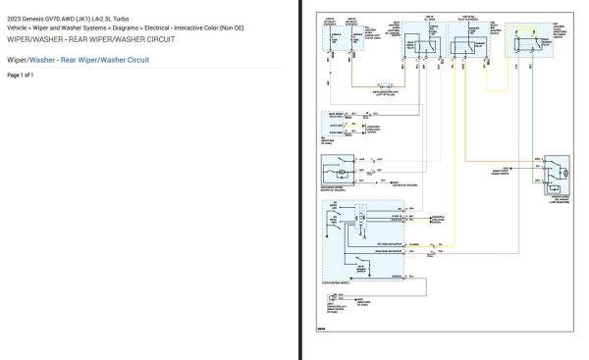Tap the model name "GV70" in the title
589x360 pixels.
(x=67, y=19)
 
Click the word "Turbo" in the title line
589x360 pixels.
(x=141, y=19)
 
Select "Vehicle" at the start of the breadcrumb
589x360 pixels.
(x=19, y=28)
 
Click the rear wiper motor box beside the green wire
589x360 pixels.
(x=557, y=172)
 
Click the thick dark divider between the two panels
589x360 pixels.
(x=300, y=180)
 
